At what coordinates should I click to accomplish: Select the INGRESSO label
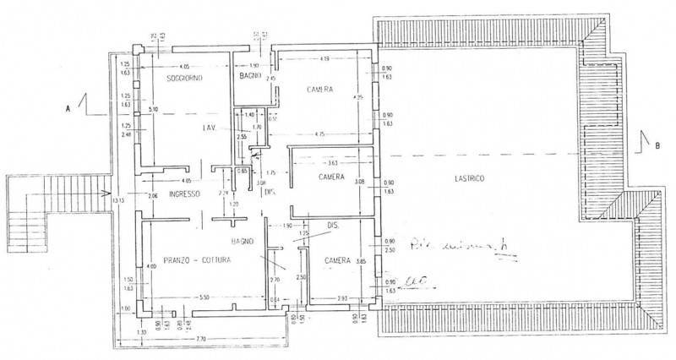point(183,194)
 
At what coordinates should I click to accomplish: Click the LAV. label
point(210,128)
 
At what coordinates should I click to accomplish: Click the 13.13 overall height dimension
point(118,201)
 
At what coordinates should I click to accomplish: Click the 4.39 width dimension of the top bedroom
point(323,58)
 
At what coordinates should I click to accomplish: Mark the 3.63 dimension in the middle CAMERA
point(332,163)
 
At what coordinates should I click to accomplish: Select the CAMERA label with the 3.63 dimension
point(330,178)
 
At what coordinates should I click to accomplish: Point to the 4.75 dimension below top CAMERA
point(320,134)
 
